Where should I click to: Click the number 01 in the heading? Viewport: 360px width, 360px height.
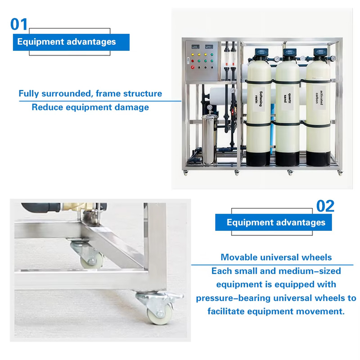(x=19, y=24)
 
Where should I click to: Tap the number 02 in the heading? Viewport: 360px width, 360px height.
(x=325, y=206)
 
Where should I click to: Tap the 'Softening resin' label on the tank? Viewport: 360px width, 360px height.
(x=258, y=99)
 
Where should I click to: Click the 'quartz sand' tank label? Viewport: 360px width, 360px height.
(x=287, y=98)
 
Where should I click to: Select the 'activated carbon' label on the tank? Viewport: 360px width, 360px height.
(x=319, y=98)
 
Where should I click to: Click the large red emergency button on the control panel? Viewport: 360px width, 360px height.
(x=193, y=67)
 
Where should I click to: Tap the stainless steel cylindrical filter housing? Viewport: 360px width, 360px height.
(x=209, y=139)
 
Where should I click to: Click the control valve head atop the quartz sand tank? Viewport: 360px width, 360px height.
(x=289, y=53)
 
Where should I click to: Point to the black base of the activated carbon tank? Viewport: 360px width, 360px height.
(x=318, y=158)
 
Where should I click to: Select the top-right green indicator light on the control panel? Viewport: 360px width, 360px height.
(x=212, y=54)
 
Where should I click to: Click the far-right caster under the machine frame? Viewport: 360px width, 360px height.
(x=340, y=173)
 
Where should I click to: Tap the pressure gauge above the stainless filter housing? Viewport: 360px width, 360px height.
(x=209, y=107)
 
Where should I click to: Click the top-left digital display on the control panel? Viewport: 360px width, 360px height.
(x=195, y=47)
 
